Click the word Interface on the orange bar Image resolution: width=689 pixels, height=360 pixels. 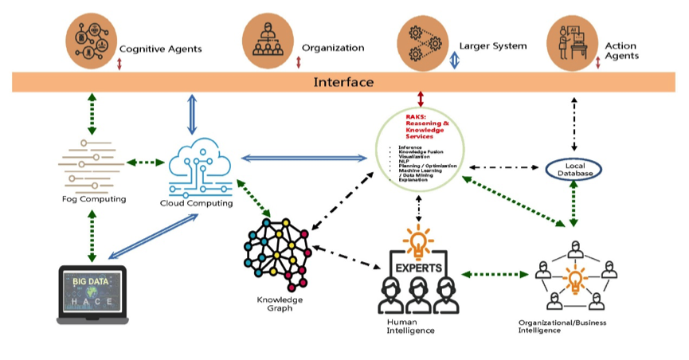click(x=343, y=82)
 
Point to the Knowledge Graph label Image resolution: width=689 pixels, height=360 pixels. click(x=275, y=303)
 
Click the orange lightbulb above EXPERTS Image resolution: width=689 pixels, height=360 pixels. click(x=415, y=237)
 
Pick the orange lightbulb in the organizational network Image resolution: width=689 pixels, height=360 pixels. click(x=574, y=280)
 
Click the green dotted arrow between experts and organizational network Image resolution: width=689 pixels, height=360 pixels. click(x=495, y=275)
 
